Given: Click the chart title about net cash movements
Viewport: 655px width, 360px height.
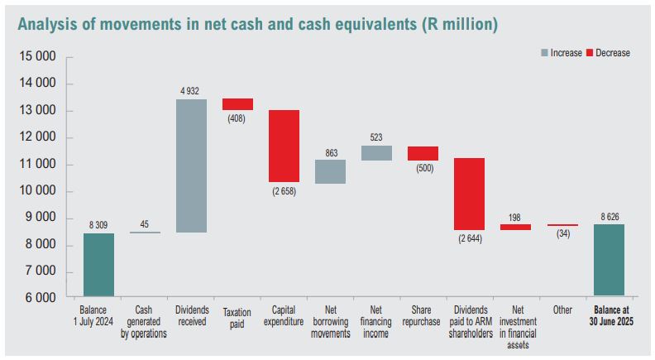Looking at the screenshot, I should (257, 24).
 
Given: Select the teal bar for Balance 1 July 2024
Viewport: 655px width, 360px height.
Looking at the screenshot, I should (98, 264).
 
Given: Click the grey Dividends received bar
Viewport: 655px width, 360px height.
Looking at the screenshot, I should (191, 166).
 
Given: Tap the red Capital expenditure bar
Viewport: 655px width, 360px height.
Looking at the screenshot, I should (284, 146).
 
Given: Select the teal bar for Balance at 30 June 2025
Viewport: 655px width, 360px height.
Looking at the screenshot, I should (609, 260).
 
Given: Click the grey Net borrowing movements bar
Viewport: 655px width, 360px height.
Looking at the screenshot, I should (330, 171).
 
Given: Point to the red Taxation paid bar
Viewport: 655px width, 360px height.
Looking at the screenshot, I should (237, 104).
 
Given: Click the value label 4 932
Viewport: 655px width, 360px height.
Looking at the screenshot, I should (191, 90).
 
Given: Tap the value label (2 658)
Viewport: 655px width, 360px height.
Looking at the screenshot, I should (284, 191).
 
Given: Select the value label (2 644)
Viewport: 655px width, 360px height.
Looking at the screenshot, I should (469, 238).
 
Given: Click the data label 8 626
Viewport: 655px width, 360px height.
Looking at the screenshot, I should (609, 216).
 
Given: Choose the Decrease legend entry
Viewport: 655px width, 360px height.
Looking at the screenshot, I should (609, 53).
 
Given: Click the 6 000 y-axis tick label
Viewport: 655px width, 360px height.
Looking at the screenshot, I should (38, 298).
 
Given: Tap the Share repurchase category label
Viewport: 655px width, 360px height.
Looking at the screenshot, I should (423, 315).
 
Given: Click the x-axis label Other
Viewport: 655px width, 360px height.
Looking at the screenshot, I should (562, 310).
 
